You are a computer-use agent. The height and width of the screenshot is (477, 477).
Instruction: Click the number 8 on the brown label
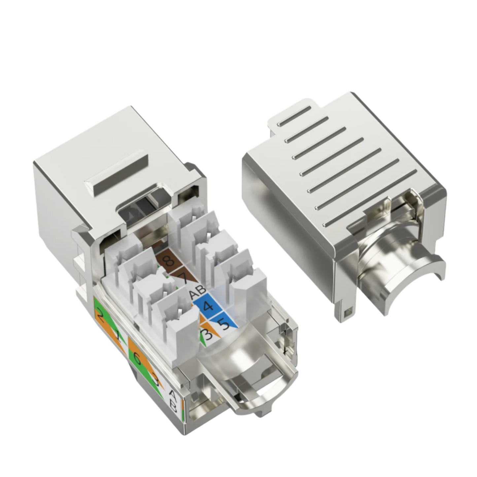click(x=169, y=261)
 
